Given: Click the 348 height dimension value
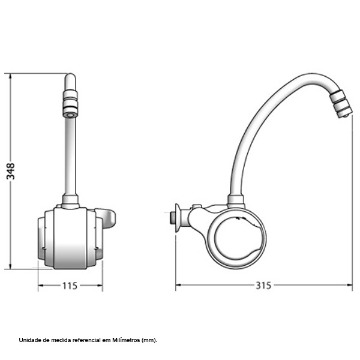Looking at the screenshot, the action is click(x=11, y=171).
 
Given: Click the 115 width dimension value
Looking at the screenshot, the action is click(x=70, y=286).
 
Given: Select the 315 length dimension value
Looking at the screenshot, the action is click(x=264, y=285).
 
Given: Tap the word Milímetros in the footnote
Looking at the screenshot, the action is click(x=127, y=340).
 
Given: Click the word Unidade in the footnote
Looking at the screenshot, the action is click(x=28, y=340).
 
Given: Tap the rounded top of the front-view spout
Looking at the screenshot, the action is click(x=70, y=78).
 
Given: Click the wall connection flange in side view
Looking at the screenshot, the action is click(x=176, y=218).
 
